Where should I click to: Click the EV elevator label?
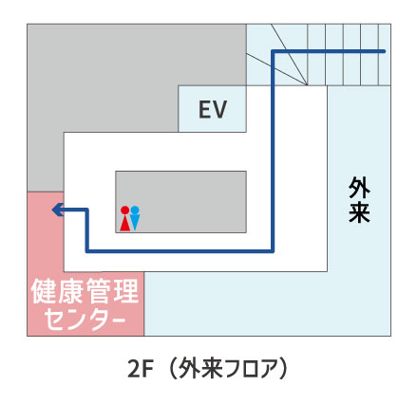(x=213, y=109)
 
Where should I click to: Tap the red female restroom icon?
(x=124, y=218)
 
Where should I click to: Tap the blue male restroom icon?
(x=135, y=218)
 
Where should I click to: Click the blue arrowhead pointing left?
(x=58, y=210)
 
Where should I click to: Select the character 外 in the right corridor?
(x=359, y=188)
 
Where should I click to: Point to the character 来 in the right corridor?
(x=359, y=211)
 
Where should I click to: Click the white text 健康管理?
(x=85, y=291)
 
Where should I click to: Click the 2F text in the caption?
(x=141, y=369)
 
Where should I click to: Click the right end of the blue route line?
(x=384, y=51)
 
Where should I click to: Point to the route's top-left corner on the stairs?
(x=273, y=51)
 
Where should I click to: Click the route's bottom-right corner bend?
(x=273, y=251)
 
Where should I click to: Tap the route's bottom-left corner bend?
(x=87, y=251)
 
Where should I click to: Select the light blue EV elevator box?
(x=213, y=108)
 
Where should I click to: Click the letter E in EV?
(x=204, y=109)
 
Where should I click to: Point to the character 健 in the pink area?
(x=44, y=291)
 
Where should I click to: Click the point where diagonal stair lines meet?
(x=307, y=85)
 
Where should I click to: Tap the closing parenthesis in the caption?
(x=284, y=369)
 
